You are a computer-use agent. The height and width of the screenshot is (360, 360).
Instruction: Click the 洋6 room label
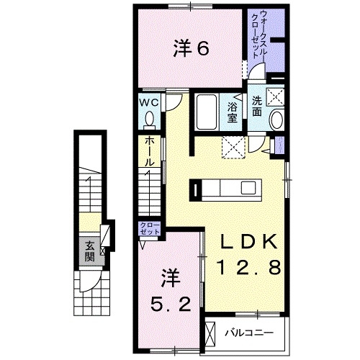(x=191, y=50)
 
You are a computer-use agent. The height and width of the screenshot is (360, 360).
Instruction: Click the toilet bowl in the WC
(x=150, y=118)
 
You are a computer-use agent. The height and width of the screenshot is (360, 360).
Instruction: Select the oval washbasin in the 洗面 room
(x=277, y=120)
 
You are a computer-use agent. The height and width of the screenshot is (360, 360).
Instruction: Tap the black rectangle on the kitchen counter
(x=194, y=189)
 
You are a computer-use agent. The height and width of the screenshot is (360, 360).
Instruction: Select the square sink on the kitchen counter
(x=248, y=189)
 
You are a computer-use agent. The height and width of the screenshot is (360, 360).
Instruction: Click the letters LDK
(x=245, y=243)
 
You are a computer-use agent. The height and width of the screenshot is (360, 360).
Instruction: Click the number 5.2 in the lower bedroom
(x=171, y=305)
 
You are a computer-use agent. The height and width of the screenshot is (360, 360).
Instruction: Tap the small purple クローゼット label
(x=149, y=230)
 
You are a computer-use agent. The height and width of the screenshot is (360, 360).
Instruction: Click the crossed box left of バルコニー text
(x=210, y=333)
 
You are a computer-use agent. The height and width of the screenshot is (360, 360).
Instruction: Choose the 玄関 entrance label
(x=89, y=251)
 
